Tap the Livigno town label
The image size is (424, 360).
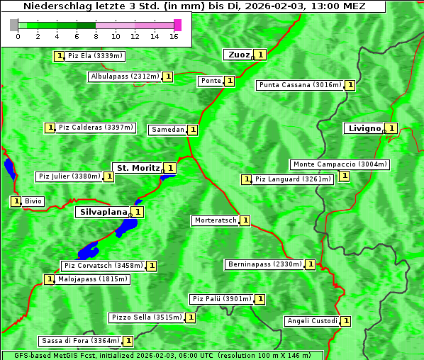point(363,128)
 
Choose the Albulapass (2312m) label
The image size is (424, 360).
point(124,77)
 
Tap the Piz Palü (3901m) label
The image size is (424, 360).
point(221,299)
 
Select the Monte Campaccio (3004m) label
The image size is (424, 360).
point(339,164)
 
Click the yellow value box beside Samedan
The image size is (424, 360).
point(193,130)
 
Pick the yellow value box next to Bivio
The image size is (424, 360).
point(16,201)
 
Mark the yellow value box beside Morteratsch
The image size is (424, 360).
point(245,220)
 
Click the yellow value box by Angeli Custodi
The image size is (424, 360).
point(346,321)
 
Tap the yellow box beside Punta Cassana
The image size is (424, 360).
point(350,85)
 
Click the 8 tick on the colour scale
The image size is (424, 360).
point(96,35)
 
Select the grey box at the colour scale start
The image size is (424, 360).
point(14,25)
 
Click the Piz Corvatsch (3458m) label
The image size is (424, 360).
point(103,266)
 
